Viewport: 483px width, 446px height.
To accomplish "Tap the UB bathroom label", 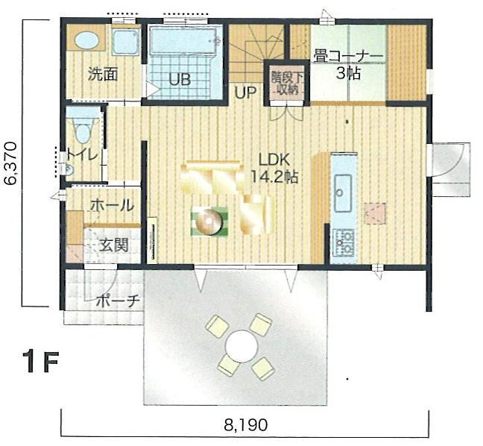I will click(x=179, y=80).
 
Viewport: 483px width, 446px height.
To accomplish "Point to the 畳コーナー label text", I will click(x=348, y=57).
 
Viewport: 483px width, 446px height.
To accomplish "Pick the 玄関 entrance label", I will click(x=114, y=245).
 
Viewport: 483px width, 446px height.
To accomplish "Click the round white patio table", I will click(x=241, y=345).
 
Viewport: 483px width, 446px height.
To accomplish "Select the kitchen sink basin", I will click(x=344, y=194).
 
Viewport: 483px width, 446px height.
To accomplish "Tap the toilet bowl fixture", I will click(x=82, y=131).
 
